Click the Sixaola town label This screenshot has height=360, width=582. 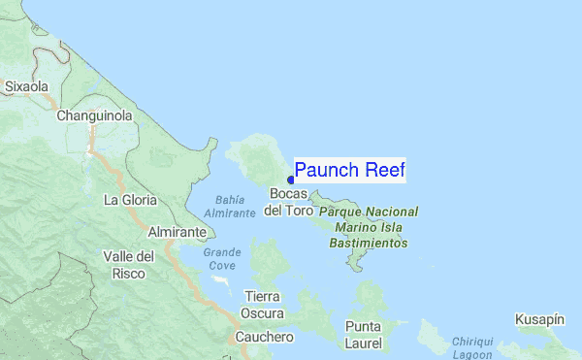[27, 86]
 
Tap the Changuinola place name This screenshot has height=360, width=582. [94, 116]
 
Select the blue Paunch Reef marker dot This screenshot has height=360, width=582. [291, 180]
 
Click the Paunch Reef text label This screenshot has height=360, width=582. [349, 171]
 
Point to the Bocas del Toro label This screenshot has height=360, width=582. [288, 202]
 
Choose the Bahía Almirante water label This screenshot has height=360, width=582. [230, 206]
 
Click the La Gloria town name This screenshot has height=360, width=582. [130, 200]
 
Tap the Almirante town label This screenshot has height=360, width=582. [177, 233]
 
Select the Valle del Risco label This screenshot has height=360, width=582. [129, 265]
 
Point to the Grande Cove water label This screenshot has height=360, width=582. [221, 259]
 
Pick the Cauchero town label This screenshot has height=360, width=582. [264, 337]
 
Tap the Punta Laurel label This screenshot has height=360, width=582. [363, 334]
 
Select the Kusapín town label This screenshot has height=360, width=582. [539, 319]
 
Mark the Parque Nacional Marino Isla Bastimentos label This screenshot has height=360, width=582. [369, 227]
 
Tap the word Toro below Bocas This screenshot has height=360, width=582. [299, 211]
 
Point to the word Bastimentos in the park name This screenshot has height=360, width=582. [369, 243]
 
